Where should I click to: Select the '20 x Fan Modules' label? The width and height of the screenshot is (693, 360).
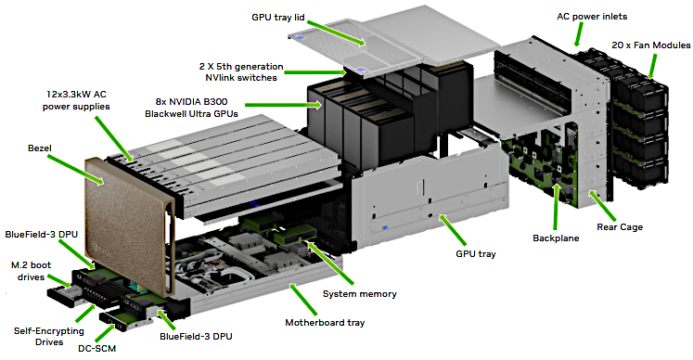(648, 43)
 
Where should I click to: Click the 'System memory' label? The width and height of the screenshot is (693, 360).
(359, 293)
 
